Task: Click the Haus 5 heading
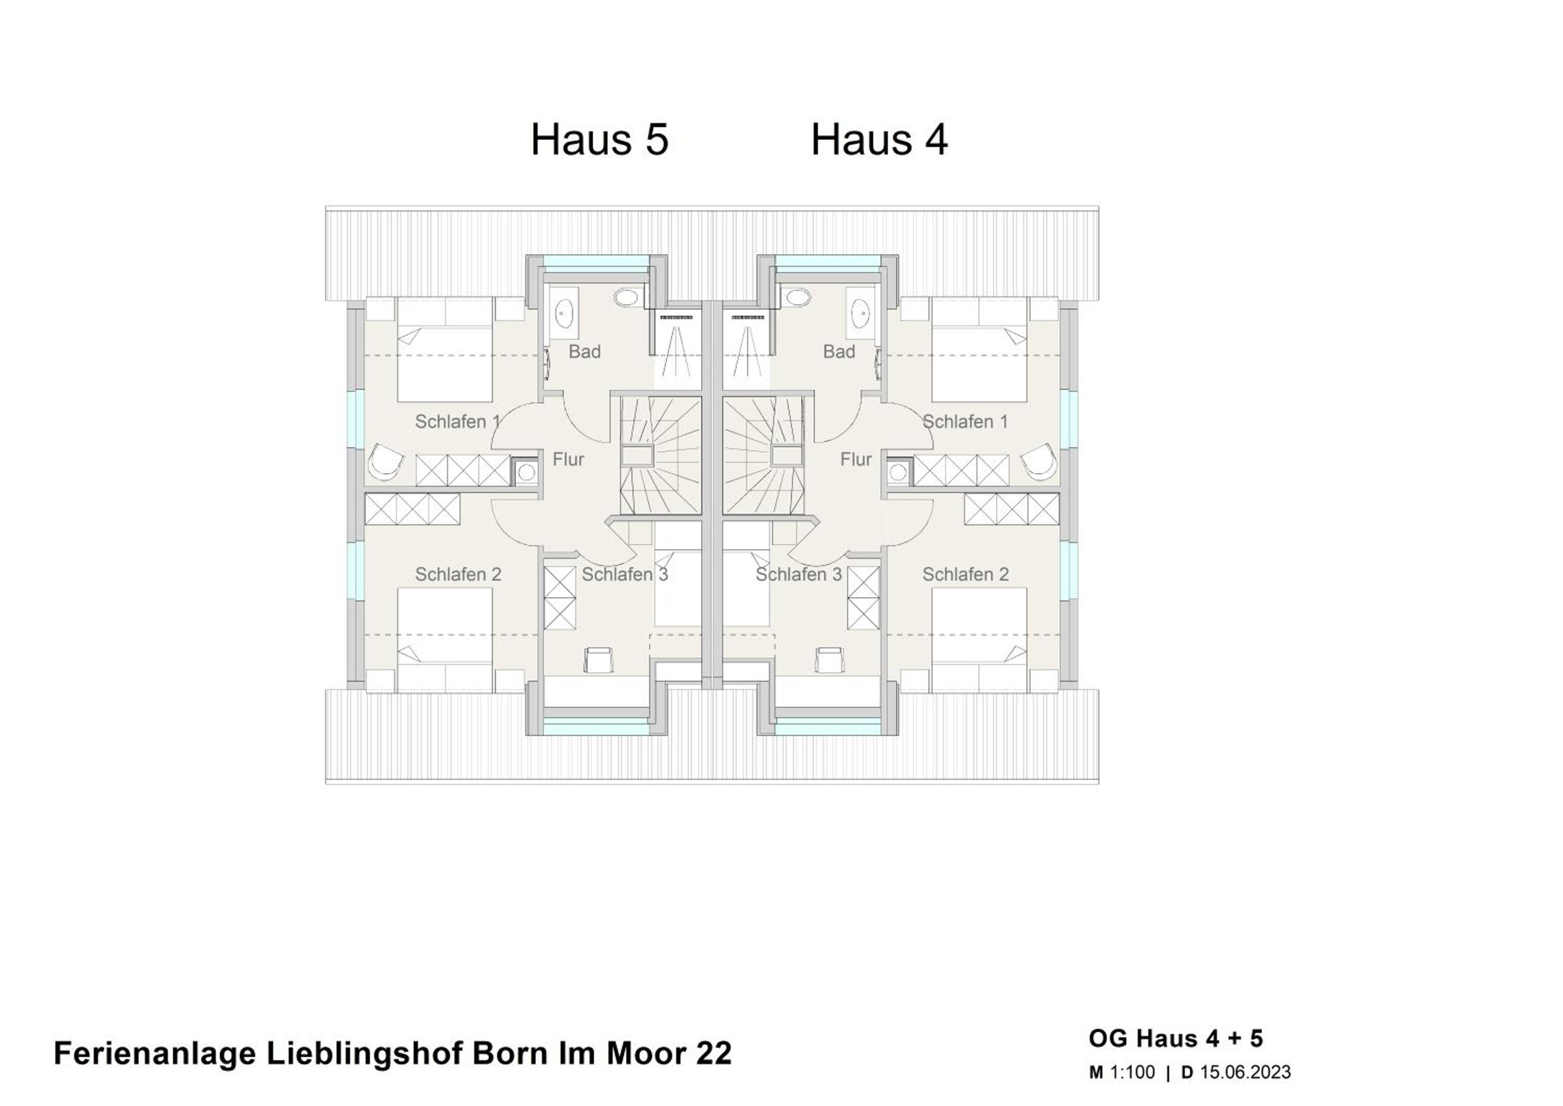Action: (600, 140)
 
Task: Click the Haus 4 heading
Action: (879, 140)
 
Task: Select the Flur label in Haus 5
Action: (568, 460)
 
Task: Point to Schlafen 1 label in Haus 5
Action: (458, 422)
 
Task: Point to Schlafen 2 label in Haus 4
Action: (965, 574)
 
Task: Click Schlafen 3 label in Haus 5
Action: (625, 574)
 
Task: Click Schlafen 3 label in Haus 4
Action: (799, 574)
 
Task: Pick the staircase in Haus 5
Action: (660, 456)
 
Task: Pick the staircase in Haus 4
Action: (763, 456)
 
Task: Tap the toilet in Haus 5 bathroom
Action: (628, 298)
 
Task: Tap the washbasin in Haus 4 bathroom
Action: (861, 313)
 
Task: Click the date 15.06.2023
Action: (1245, 1072)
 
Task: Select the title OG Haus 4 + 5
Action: (1176, 1039)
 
